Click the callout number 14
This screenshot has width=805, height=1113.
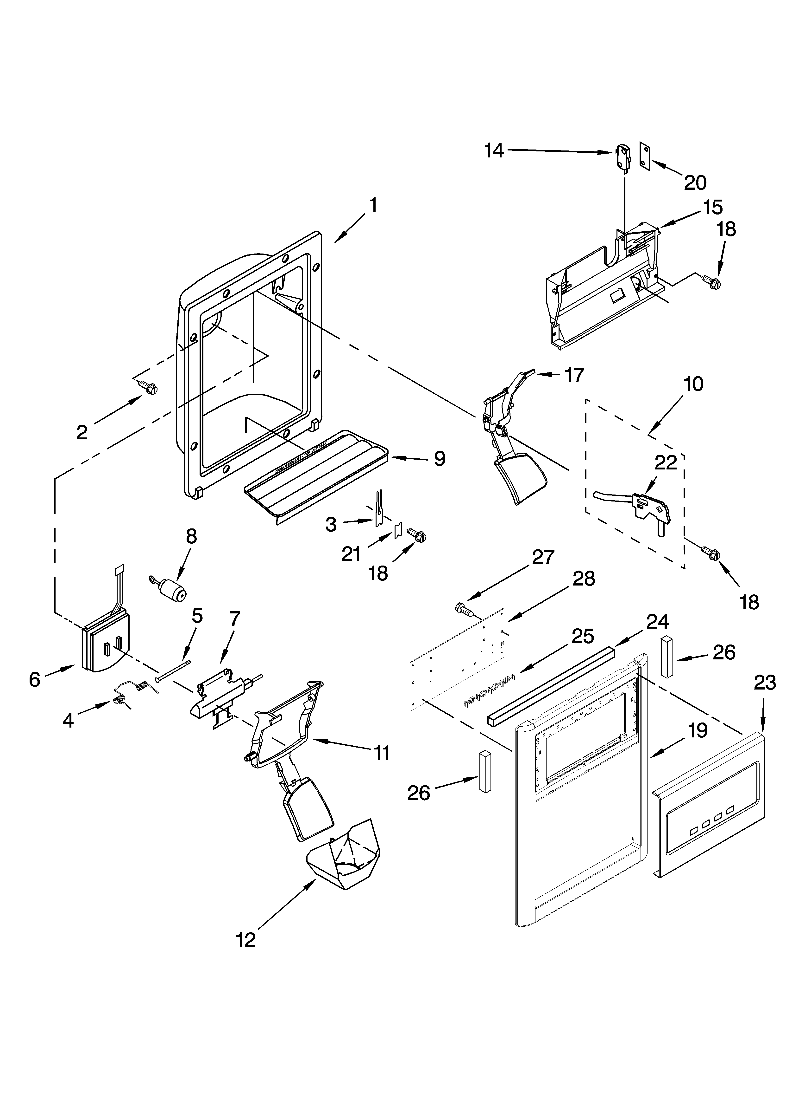(x=494, y=151)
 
